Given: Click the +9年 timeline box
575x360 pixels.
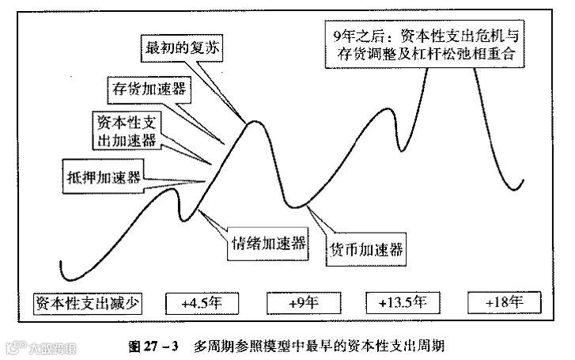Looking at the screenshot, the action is (303, 302).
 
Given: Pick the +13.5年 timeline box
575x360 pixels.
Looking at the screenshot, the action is (404, 302).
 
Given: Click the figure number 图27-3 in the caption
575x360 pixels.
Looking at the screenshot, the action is (154, 345).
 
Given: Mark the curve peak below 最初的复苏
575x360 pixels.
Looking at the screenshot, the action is (254, 122).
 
